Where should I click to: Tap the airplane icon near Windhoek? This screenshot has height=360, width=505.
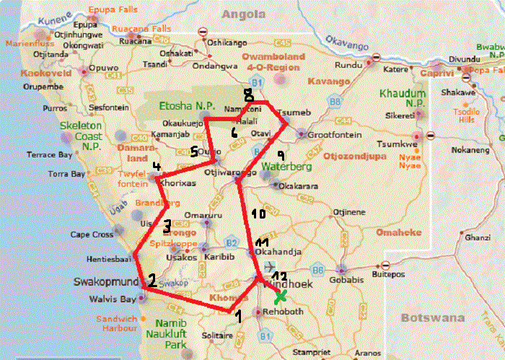270,267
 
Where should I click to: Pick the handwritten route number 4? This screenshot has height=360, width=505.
156,167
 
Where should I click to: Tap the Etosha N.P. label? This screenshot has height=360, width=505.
180,105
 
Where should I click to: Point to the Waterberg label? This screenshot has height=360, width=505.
286,167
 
